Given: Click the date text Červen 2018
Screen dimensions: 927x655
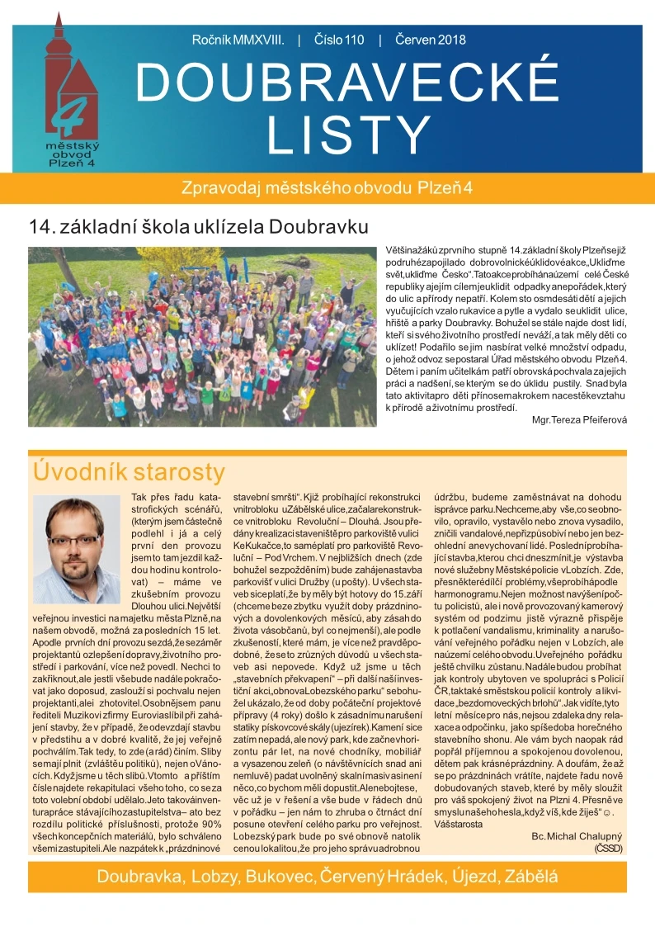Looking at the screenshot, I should point(431,40).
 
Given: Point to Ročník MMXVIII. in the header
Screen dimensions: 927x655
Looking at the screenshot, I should point(238,40).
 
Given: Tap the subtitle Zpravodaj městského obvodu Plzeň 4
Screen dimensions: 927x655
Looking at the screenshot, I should point(327,187).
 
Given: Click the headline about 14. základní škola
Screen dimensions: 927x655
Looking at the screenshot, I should point(198,225).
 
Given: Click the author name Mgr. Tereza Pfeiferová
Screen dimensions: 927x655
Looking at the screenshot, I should point(580,419).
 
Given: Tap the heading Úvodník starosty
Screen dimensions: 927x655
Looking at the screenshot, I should point(128,472).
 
